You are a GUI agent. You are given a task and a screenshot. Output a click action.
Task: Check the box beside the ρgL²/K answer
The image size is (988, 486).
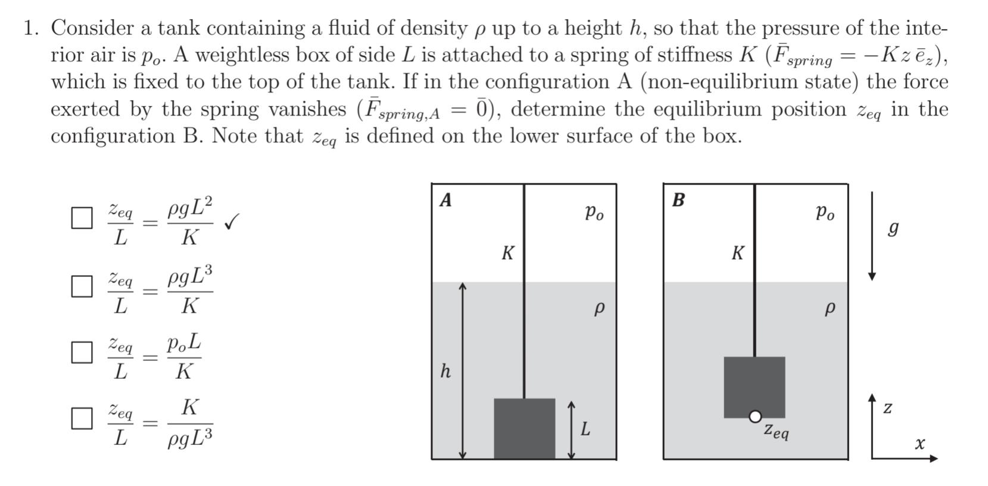(82, 218)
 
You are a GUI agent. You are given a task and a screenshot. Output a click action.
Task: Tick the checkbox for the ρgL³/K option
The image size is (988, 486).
(82, 286)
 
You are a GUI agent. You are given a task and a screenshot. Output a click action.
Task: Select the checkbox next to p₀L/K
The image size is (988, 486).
(82, 352)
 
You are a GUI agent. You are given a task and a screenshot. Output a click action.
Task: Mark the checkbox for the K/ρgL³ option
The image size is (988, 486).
(82, 418)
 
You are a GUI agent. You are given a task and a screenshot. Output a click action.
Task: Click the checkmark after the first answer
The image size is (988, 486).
(232, 223)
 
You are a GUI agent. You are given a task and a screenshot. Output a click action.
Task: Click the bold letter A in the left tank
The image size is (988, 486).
(445, 200)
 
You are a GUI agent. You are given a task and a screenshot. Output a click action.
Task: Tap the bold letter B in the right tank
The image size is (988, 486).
(678, 200)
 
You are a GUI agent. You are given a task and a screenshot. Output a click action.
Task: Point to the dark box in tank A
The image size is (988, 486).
(524, 428)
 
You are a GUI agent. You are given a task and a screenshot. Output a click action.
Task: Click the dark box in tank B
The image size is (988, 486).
(754, 386)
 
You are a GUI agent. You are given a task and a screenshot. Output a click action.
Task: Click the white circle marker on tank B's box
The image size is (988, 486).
(755, 417)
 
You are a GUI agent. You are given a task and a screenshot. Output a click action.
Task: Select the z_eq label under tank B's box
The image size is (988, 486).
(777, 430)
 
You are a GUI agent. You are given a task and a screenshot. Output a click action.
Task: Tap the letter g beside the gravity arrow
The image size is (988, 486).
(893, 229)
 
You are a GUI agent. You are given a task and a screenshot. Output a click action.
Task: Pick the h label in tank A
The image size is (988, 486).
(445, 371)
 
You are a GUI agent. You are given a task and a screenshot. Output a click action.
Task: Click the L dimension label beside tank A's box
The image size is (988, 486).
(585, 429)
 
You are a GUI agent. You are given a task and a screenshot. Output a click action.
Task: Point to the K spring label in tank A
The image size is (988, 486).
(507, 253)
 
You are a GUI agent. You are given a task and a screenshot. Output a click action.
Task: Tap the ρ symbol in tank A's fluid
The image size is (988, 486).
(599, 309)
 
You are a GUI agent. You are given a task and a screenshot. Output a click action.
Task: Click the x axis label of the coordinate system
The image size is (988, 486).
(920, 444)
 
